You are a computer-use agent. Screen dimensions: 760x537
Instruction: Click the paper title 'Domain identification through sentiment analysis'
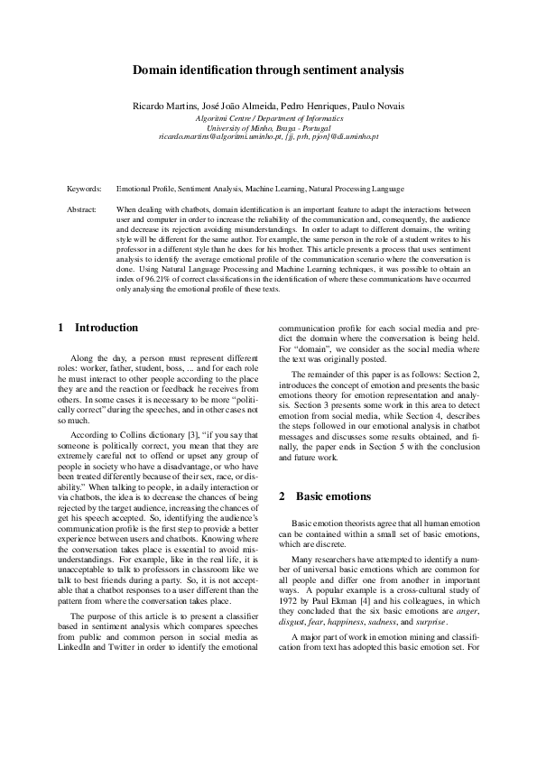(268, 70)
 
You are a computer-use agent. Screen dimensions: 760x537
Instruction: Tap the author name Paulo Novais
(380, 107)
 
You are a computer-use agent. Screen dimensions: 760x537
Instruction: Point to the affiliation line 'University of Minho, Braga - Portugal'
(268, 127)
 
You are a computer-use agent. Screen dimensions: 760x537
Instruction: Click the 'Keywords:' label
(85, 190)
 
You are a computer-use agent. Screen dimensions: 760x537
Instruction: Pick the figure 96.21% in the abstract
(148, 282)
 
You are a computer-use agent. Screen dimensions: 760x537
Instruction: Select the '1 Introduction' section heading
(98, 328)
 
